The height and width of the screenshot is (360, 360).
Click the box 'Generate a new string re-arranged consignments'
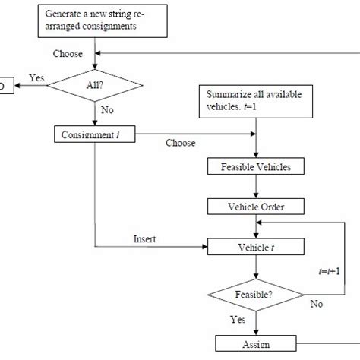tap(94, 21)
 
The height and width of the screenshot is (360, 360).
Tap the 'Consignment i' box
tap(94, 134)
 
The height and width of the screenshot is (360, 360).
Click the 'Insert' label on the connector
tap(145, 238)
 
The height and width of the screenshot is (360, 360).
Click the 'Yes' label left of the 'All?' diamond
tap(36, 78)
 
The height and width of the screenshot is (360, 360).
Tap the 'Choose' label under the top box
tap(68, 54)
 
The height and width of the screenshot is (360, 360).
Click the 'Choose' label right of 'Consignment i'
tap(180, 142)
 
